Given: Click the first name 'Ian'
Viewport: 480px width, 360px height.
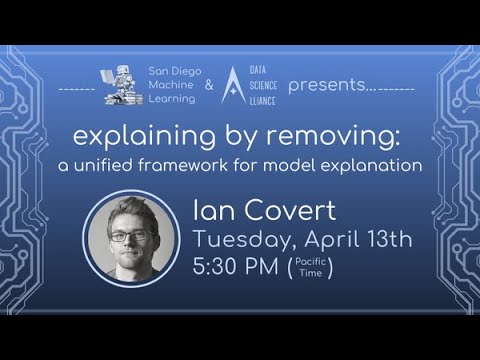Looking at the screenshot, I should [x=211, y=211].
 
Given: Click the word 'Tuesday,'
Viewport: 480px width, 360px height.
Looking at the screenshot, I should [x=238, y=239].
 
